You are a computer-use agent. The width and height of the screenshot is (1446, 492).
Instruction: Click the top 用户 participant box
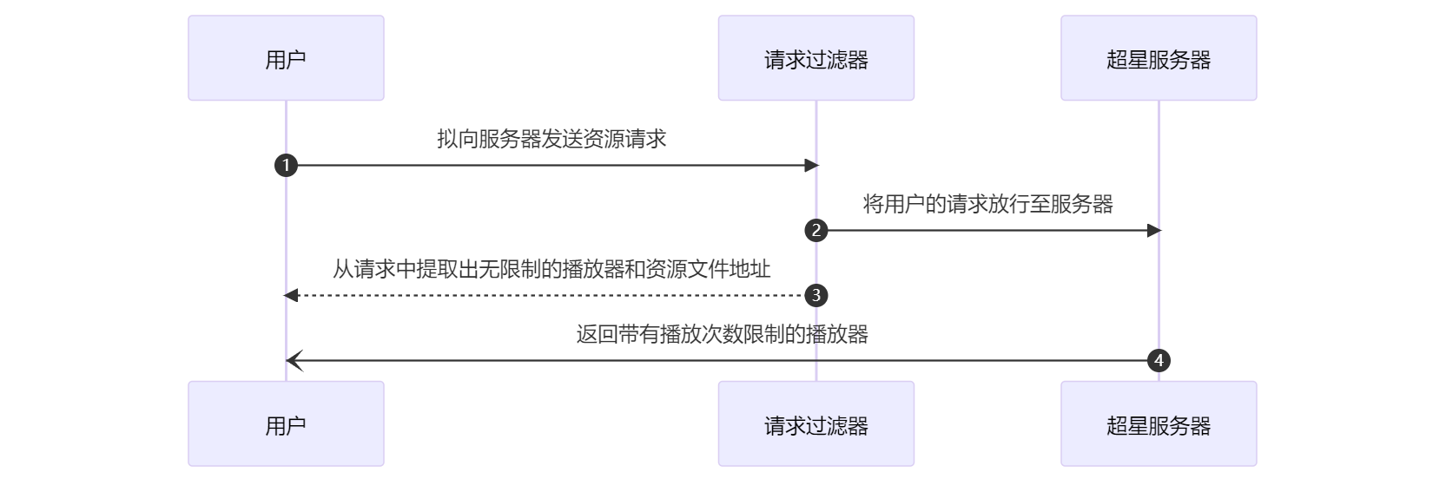coord(286,58)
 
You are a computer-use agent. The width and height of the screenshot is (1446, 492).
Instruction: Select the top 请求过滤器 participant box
coord(815,58)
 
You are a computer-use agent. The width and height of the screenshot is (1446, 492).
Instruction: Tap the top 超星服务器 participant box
coord(1158,58)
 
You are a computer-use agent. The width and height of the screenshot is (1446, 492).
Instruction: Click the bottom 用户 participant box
coord(286,424)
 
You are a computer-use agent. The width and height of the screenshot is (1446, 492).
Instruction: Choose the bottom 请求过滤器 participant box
coord(815,424)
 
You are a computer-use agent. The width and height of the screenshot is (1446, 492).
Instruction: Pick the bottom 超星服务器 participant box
coord(1158,424)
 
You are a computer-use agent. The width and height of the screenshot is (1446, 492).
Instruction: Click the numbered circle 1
coord(286,165)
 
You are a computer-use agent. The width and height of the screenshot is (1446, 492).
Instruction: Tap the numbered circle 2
coord(815,230)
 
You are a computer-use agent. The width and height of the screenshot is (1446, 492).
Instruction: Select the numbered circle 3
coord(815,295)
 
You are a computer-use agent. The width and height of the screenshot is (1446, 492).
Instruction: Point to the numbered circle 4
coord(1159,360)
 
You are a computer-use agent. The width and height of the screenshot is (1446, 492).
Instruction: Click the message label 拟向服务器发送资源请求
coord(551,139)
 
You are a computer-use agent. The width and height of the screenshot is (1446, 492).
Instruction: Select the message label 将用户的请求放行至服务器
coord(987,204)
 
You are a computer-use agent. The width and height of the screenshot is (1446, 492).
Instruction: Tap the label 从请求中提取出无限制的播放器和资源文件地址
coord(551,269)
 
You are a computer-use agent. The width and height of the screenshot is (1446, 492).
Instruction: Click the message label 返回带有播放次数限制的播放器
coord(722,334)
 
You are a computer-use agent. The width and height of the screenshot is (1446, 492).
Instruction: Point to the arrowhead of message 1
coord(812,165)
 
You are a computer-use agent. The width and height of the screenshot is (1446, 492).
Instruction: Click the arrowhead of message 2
coord(1154,230)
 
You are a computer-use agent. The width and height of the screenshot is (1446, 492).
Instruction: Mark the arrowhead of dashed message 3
coord(291,295)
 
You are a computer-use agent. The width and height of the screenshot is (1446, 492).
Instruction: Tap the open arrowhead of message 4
coord(293,360)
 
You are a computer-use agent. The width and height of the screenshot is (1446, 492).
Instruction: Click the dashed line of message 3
coord(547,295)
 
